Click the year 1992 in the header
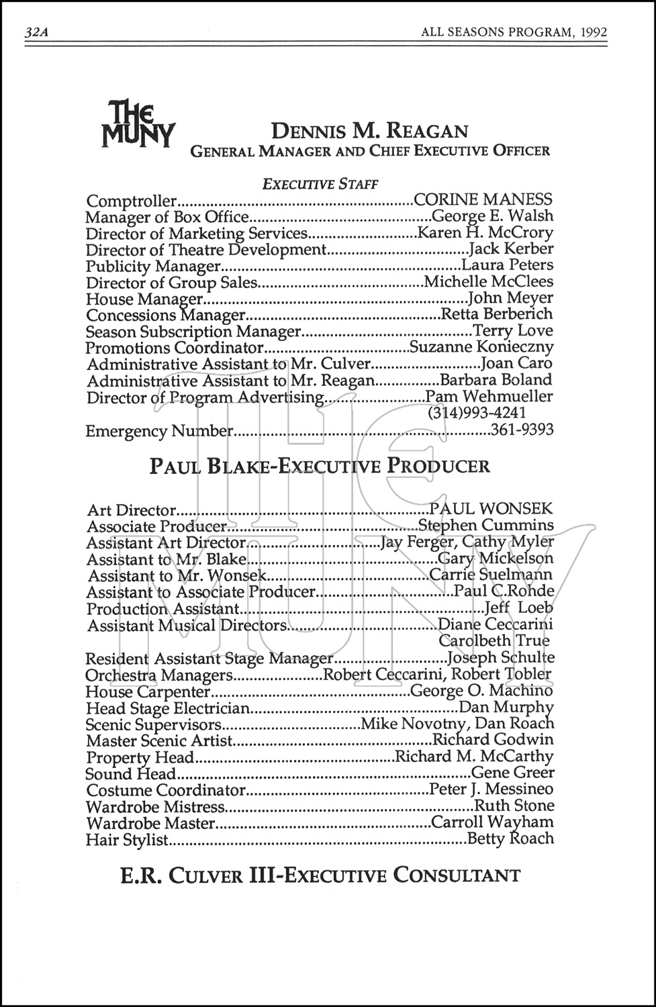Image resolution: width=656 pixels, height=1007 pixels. pyautogui.click(x=593, y=32)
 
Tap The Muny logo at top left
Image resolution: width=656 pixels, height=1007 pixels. pyautogui.click(x=138, y=123)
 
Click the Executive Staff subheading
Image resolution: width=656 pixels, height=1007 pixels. pyautogui.click(x=320, y=183)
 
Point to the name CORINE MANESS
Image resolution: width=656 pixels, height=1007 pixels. pyautogui.click(x=483, y=199)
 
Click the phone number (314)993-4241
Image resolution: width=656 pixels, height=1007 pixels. pyautogui.click(x=477, y=413)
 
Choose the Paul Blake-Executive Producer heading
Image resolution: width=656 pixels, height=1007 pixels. pyautogui.click(x=320, y=466)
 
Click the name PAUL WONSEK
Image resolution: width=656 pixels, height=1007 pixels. pyautogui.click(x=496, y=510)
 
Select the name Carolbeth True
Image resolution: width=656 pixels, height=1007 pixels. pyautogui.click(x=494, y=640)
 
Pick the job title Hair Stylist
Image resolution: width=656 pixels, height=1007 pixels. pyautogui.click(x=127, y=839)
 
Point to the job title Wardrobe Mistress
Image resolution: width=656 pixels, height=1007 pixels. pyautogui.click(x=155, y=806)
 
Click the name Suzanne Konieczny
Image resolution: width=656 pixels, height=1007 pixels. pyautogui.click(x=481, y=347)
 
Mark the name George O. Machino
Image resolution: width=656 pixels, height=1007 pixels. pyautogui.click(x=481, y=691)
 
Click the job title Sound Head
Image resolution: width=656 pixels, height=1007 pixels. pyautogui.click(x=131, y=773)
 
